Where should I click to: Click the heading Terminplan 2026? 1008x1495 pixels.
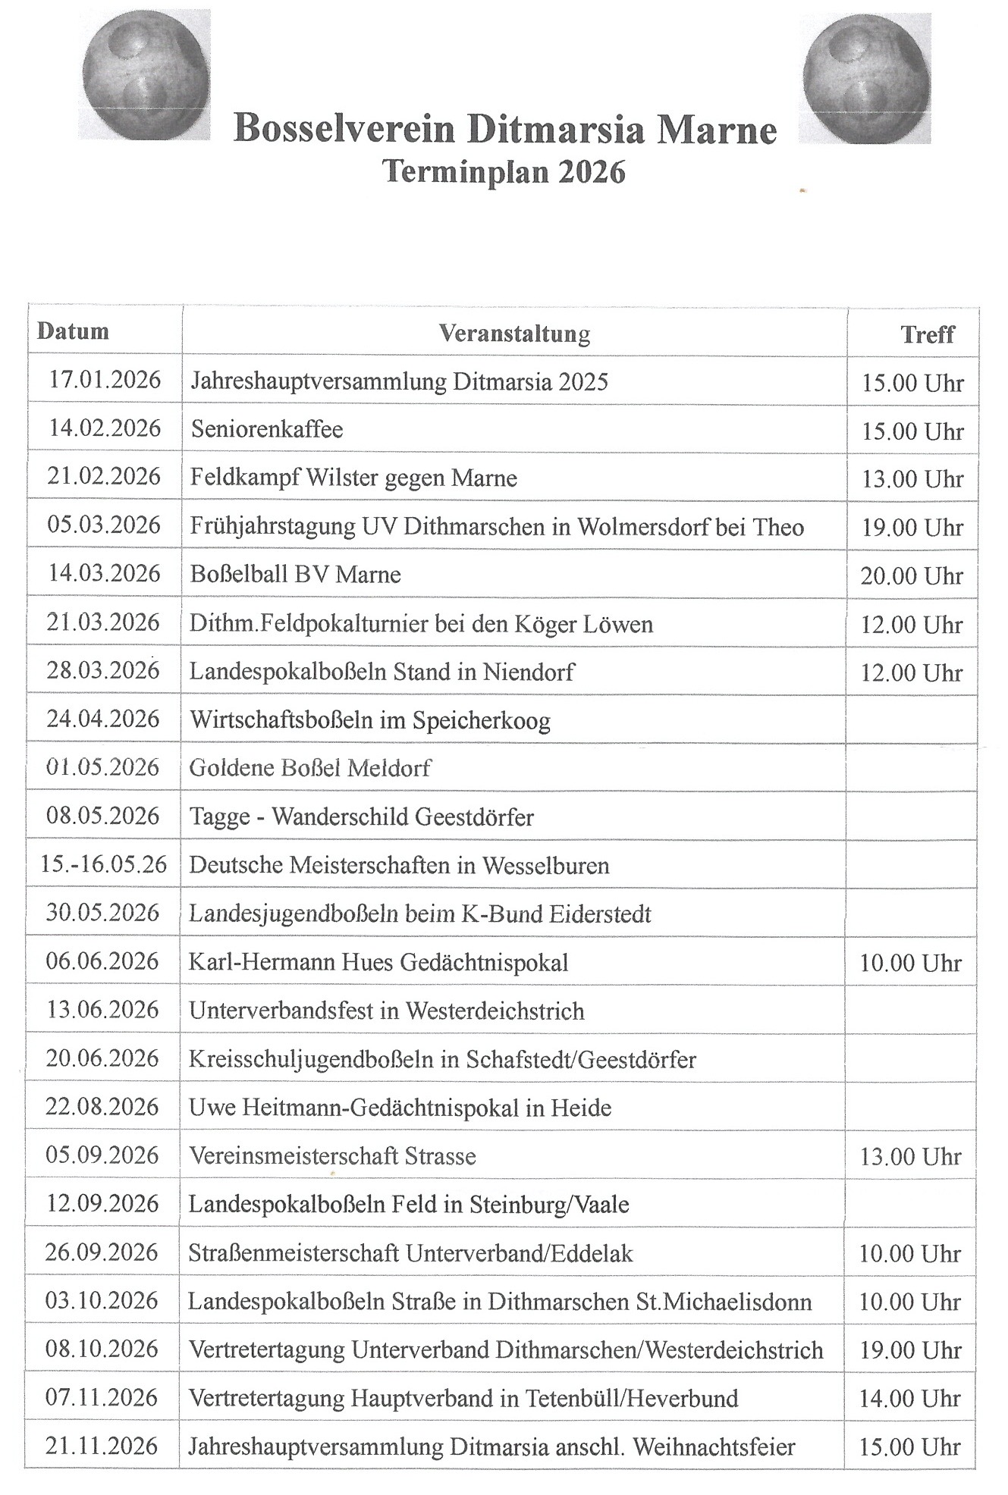(504, 172)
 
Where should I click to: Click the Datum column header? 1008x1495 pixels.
(73, 331)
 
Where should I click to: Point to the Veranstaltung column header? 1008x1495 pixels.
(514, 334)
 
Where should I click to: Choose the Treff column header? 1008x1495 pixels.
(927, 334)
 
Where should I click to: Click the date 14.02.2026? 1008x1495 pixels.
(105, 428)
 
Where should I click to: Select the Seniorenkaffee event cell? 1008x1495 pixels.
(267, 430)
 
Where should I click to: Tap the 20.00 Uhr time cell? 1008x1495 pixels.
(912, 576)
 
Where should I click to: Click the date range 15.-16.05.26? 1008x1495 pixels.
(104, 864)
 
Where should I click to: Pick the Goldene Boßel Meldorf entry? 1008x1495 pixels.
(310, 768)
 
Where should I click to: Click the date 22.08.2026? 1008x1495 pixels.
(102, 1107)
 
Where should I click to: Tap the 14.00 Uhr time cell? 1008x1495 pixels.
(910, 1399)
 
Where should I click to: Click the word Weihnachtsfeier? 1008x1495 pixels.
(714, 1447)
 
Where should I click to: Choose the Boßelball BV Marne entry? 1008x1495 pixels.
(295, 575)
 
